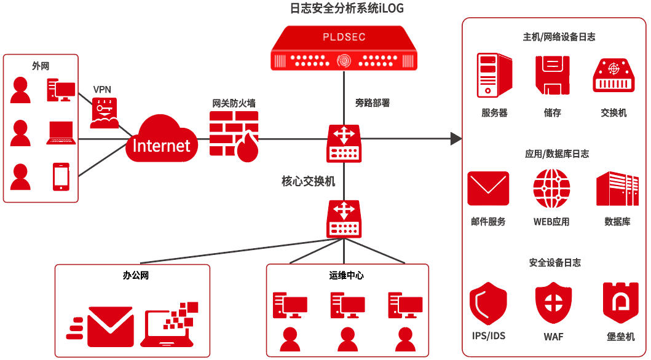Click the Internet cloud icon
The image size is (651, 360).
[162, 140]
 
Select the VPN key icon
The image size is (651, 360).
[105, 113]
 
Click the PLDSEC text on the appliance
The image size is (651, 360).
[344, 37]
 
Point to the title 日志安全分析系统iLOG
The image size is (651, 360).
[347, 8]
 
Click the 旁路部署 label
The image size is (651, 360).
[372, 103]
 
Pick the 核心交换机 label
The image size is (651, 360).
[309, 181]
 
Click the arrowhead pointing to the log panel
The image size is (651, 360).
[456, 138]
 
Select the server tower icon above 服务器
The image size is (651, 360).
[494, 75]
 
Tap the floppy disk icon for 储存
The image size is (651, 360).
[552, 75]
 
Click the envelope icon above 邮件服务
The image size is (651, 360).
[488, 188]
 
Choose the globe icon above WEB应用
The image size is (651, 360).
[551, 188]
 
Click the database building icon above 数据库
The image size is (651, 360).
[613, 189]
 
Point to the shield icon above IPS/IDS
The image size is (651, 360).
[488, 303]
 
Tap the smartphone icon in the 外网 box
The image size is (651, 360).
[61, 176]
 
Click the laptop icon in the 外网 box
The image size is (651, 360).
[61, 133]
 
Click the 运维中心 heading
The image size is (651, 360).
[347, 275]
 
